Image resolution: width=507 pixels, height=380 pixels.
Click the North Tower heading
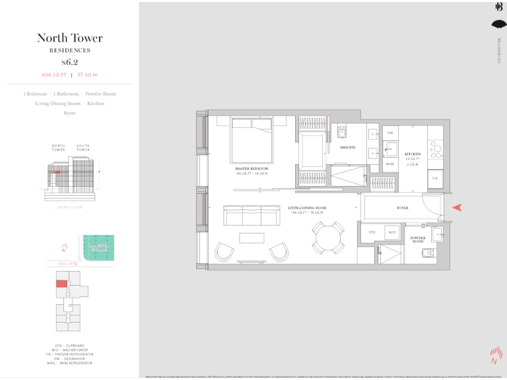[69, 38]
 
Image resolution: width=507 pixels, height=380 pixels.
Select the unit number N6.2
[69, 62]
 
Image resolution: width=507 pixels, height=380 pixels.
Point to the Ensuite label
[348, 148]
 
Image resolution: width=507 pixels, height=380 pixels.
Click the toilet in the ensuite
[341, 131]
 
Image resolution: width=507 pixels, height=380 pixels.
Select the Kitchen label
[413, 153]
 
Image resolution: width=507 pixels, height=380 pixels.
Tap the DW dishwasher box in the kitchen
[390, 133]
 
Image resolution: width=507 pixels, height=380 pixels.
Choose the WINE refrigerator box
[390, 164]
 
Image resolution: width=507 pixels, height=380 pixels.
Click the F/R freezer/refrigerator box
[435, 178]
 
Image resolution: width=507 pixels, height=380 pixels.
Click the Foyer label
[402, 208]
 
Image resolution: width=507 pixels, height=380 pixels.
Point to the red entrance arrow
[457, 208]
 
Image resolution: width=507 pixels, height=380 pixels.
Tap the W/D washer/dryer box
[391, 232]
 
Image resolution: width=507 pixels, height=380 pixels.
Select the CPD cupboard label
[372, 232]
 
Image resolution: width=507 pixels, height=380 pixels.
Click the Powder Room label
[417, 239]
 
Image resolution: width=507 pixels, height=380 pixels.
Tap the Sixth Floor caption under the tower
[69, 206]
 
